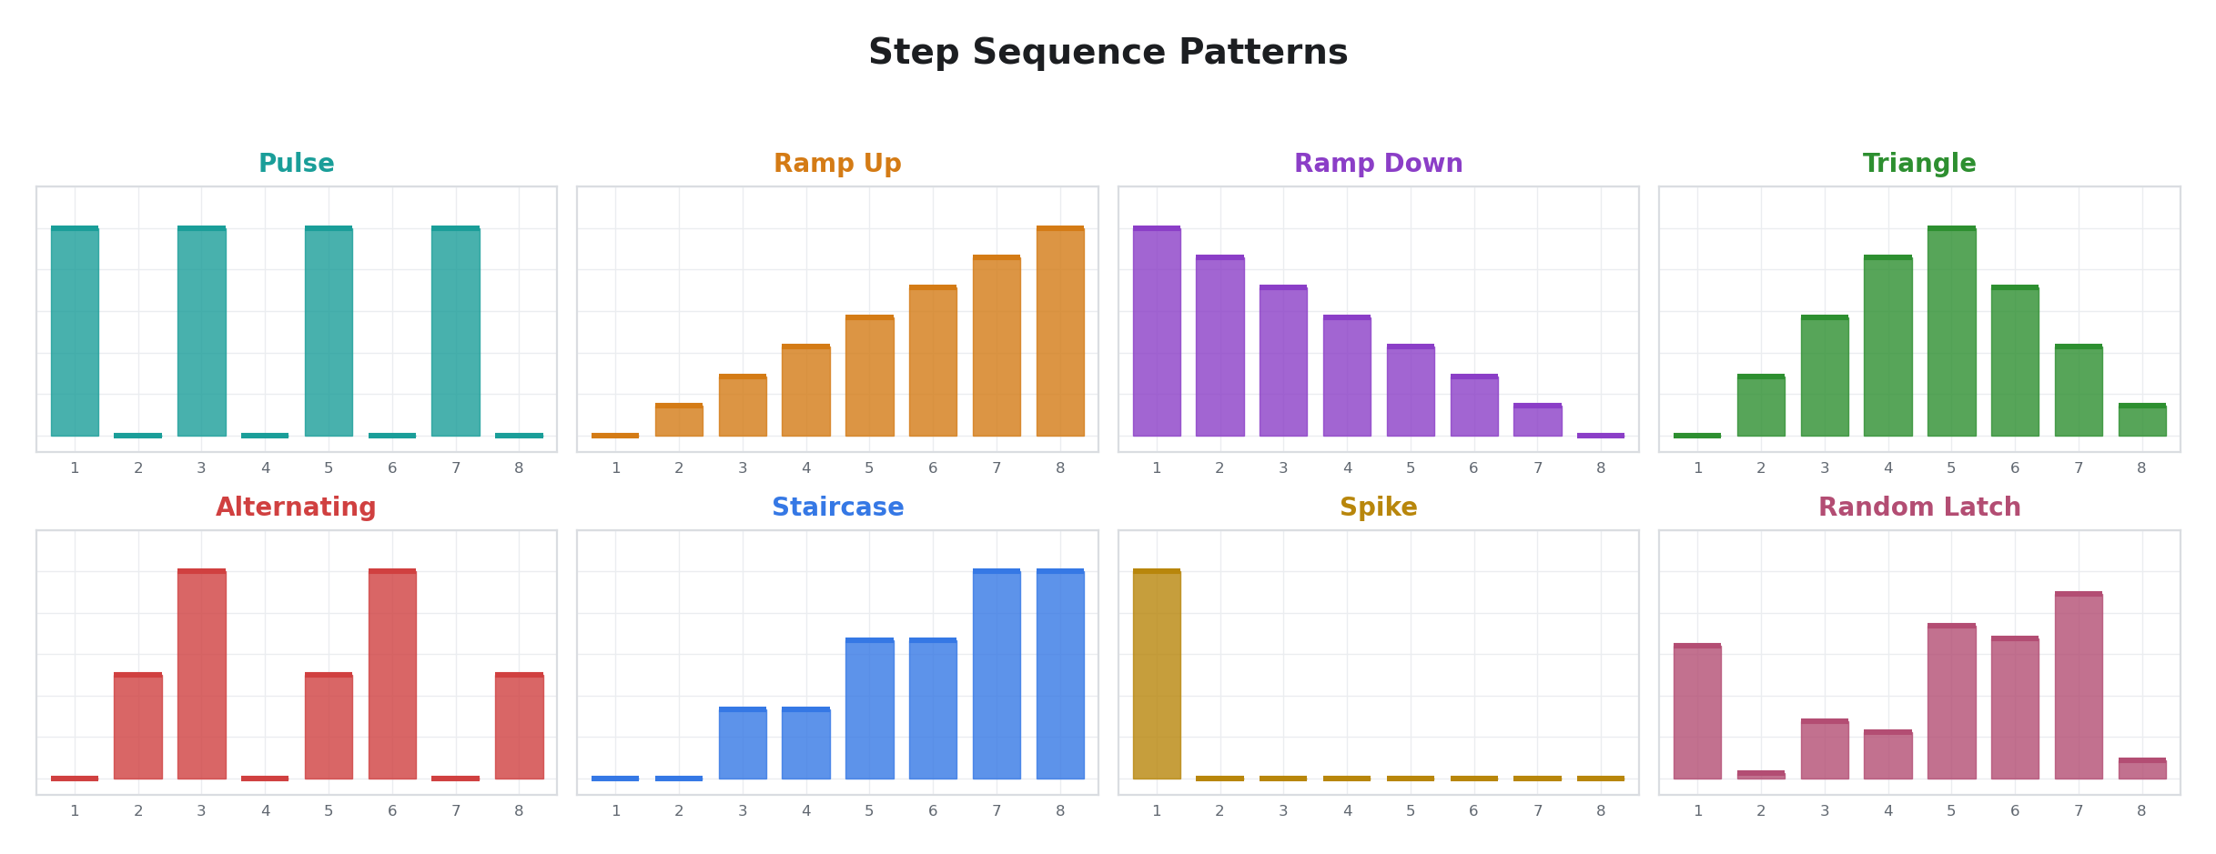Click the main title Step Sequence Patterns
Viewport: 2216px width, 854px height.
1108,53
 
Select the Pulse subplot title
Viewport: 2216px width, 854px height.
296,164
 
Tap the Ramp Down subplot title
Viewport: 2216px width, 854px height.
1378,164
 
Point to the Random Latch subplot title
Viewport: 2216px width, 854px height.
1919,507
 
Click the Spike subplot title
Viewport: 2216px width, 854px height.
1378,507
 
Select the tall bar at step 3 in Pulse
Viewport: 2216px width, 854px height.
201,332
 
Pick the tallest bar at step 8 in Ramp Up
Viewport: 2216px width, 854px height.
1060,332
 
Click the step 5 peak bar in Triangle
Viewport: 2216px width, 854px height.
1951,332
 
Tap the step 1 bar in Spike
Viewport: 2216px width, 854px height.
1156,675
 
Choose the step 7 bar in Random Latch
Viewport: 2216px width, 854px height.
2079,687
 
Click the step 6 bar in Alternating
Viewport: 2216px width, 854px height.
392,675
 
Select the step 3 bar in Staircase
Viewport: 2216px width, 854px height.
743,744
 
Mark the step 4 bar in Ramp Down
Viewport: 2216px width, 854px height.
1347,377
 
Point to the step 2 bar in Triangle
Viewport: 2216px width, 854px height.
1760,407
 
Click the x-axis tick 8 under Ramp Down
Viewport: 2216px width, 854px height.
1601,468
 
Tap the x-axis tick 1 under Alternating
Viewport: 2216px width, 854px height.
75,811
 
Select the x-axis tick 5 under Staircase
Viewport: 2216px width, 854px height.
869,811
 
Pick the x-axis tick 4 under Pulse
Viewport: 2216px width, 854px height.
265,468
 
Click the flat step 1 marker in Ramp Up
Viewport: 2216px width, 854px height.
615,436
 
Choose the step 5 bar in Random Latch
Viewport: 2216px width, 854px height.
1951,702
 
